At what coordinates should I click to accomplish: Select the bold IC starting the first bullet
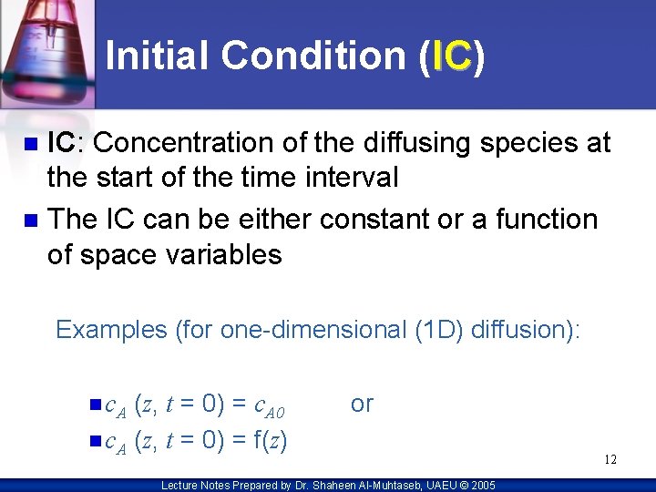[x=61, y=143]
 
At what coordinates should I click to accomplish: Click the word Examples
[x=112, y=329]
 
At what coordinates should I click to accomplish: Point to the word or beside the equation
[x=362, y=404]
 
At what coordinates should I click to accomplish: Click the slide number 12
[x=610, y=460]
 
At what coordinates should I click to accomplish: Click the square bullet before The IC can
[x=31, y=220]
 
